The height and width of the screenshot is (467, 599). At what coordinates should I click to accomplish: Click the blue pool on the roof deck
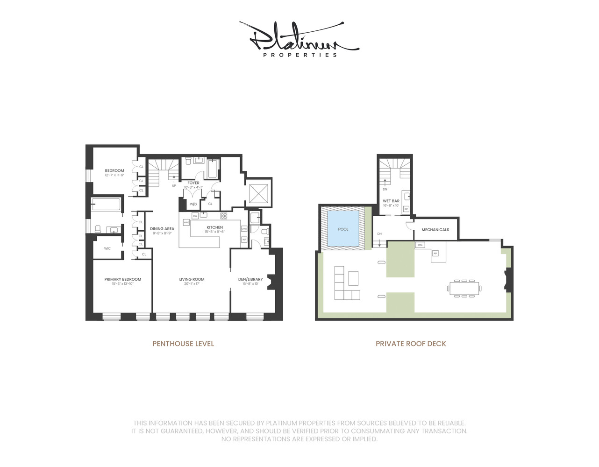click(x=343, y=229)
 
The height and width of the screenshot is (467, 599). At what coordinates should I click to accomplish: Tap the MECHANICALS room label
click(x=435, y=230)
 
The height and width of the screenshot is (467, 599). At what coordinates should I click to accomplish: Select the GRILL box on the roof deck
click(x=420, y=245)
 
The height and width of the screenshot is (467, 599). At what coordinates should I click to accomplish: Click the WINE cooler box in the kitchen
click(x=186, y=223)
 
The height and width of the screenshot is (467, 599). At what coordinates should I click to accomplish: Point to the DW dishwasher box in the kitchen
click(x=195, y=216)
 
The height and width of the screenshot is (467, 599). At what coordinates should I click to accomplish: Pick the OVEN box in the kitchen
click(x=244, y=229)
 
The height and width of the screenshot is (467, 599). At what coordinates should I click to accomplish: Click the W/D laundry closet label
click(x=193, y=204)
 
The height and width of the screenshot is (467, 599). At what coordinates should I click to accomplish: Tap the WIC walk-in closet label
click(x=107, y=248)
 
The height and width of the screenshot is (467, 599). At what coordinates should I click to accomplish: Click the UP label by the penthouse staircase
click(x=174, y=185)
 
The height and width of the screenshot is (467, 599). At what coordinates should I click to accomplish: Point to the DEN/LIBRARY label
click(x=250, y=279)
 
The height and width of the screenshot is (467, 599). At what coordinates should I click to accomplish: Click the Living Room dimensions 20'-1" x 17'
click(x=192, y=284)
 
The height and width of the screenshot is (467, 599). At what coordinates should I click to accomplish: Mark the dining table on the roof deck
click(x=464, y=289)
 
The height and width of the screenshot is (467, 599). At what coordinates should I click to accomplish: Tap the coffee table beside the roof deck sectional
click(x=353, y=278)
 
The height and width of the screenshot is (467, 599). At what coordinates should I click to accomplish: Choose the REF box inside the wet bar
click(x=406, y=209)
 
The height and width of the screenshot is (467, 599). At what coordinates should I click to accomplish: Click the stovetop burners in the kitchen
click(x=224, y=216)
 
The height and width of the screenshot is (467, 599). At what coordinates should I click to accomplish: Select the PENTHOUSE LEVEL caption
click(x=183, y=344)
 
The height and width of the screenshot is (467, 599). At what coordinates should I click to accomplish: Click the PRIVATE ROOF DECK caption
click(x=411, y=344)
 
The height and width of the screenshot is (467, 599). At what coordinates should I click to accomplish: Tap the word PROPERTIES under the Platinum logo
click(x=299, y=55)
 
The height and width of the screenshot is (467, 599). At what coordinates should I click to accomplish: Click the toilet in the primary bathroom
click(x=98, y=229)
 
